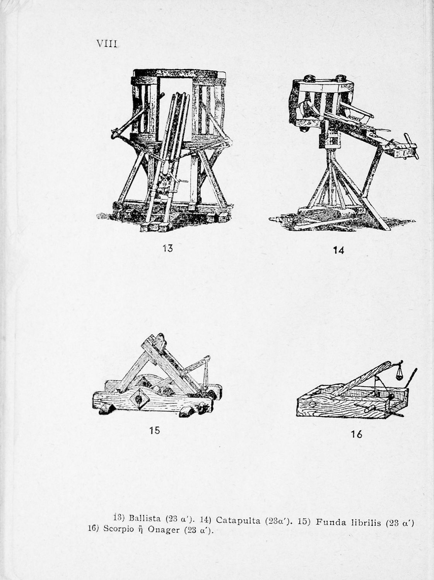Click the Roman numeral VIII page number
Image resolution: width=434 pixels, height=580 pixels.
tap(106, 43)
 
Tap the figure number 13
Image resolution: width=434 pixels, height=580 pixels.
tap(167, 248)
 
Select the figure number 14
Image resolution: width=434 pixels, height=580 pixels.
tap(338, 250)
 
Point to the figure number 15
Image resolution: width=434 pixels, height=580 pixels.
tap(155, 430)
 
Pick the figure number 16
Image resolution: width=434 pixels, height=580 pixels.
tap(356, 434)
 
